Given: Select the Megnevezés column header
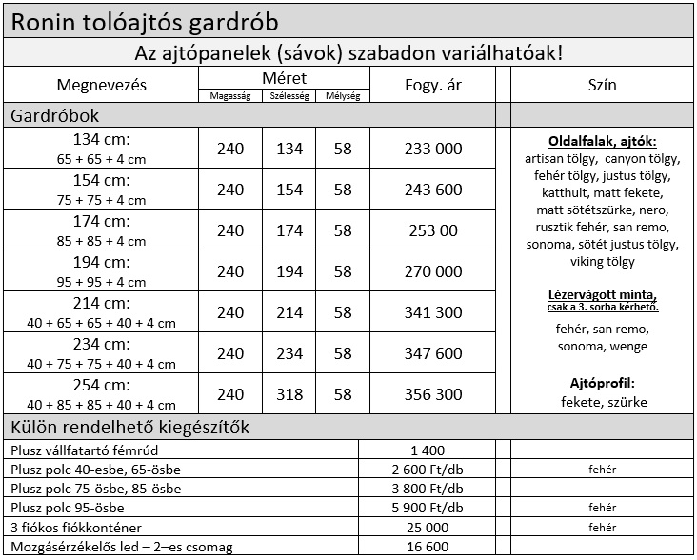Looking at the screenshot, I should [x=101, y=85].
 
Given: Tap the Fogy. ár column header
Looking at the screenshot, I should [x=432, y=85].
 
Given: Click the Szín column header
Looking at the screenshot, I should [x=603, y=85].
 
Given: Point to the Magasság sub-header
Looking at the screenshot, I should [x=230, y=95].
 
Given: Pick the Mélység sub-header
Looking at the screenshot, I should [x=343, y=95].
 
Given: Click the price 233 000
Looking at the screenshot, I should [x=432, y=149].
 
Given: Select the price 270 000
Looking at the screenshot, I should [x=432, y=271].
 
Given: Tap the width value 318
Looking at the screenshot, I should [x=289, y=394].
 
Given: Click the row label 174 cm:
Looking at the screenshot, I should [x=101, y=222].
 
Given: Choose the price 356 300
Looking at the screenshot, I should [x=432, y=394].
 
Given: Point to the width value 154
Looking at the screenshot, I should [x=289, y=190].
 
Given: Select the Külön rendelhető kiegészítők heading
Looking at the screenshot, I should [x=129, y=427].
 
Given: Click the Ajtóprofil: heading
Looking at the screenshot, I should [x=603, y=384].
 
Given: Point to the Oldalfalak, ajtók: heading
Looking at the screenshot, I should [x=603, y=141].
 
